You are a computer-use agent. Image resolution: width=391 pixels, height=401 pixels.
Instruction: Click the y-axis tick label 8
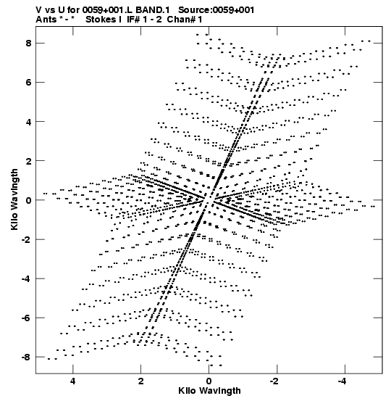tap(28, 44)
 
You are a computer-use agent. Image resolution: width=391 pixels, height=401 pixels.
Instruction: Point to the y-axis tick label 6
tap(28, 83)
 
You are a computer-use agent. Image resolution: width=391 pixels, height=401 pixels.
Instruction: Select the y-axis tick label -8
tap(27, 357)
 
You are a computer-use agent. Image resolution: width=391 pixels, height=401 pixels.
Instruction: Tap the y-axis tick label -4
tap(27, 278)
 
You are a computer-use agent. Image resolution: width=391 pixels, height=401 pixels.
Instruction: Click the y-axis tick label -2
tap(27, 239)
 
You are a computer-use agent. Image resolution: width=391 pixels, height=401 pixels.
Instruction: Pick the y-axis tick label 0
tap(28, 200)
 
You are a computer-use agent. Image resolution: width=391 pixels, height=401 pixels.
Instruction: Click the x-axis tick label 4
tap(73, 381)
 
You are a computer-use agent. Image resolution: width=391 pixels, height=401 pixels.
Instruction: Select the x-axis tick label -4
tap(342, 381)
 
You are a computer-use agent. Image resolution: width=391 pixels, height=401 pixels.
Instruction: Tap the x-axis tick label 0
tap(209, 381)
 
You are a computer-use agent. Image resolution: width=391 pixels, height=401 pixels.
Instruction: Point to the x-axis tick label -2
tap(275, 381)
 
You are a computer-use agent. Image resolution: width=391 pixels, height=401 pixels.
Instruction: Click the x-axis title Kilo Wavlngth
tap(209, 391)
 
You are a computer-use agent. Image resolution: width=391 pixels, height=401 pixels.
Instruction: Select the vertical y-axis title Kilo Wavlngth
tap(14, 199)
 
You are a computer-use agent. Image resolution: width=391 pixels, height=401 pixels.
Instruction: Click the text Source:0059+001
tap(216, 10)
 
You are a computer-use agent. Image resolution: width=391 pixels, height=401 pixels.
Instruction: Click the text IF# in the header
tap(133, 20)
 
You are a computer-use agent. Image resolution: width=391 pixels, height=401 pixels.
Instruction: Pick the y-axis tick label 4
tap(28, 122)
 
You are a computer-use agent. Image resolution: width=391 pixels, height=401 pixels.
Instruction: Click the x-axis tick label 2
tap(141, 381)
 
